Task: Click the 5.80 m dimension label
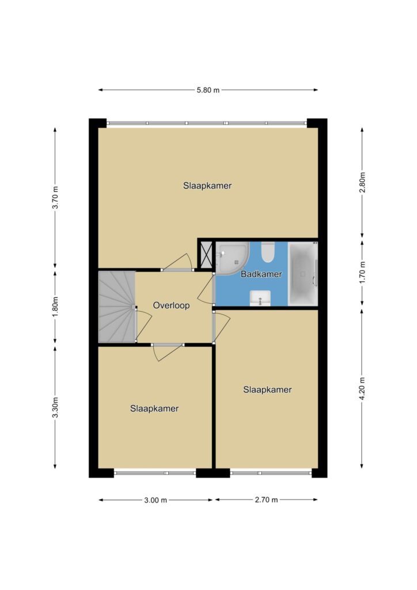(x=208, y=90)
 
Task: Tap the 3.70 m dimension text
(x=55, y=197)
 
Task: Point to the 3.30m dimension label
(x=55, y=407)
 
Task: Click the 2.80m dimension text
(x=362, y=182)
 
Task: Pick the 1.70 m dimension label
(x=362, y=273)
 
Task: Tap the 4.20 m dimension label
(x=362, y=388)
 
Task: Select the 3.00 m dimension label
(x=156, y=500)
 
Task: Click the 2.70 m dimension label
(x=266, y=500)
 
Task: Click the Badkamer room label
(x=261, y=274)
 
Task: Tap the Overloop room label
(x=171, y=305)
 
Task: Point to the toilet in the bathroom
(x=268, y=252)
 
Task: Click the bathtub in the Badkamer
(x=303, y=274)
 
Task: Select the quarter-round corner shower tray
(x=233, y=259)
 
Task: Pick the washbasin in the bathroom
(x=260, y=298)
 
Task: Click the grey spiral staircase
(x=117, y=307)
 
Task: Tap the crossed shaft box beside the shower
(x=206, y=255)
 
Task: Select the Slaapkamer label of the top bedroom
(x=207, y=186)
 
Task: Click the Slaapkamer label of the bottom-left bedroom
(x=154, y=409)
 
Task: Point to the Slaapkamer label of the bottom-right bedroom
(x=267, y=389)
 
